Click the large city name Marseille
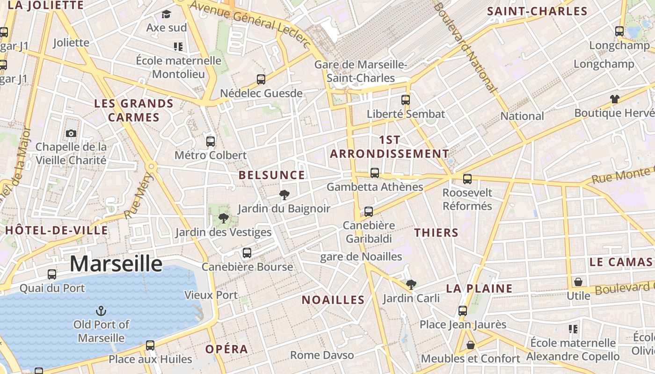(116, 264)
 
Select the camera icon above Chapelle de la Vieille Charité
(71, 134)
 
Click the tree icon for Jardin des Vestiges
(224, 218)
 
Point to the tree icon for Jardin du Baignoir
(284, 195)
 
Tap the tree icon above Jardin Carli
(411, 284)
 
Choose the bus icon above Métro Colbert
(211, 141)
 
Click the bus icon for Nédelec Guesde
(261, 79)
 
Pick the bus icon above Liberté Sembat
(406, 100)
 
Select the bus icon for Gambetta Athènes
(375, 173)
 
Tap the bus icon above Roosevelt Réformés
(467, 179)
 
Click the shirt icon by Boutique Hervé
(614, 99)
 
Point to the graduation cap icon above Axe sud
(166, 14)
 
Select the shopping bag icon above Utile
(578, 282)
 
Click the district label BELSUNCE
(272, 175)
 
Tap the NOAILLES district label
(333, 300)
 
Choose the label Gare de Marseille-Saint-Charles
(361, 71)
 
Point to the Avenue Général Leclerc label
(250, 22)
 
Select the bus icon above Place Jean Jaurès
(463, 310)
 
